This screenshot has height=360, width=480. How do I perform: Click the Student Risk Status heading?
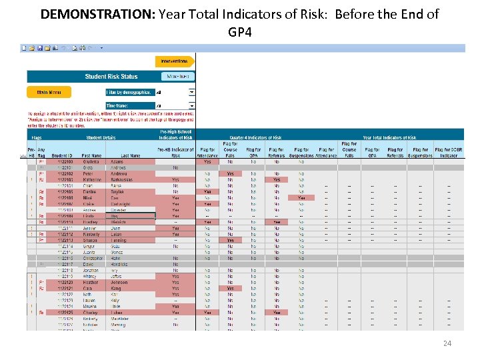(x=111, y=77)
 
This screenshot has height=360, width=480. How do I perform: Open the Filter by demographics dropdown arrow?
(x=192, y=93)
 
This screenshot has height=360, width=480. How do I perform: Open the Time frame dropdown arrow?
(x=192, y=106)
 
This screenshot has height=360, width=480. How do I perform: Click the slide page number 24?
(x=447, y=343)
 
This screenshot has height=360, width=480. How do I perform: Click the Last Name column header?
(x=131, y=156)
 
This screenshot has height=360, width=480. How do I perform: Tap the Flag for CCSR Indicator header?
(x=448, y=153)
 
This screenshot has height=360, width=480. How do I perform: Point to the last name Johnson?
(x=119, y=282)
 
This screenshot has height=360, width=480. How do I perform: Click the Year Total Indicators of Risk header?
(x=389, y=138)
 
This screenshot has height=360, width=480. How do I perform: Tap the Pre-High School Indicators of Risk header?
(x=175, y=134)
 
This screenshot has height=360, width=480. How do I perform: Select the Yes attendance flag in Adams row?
(x=207, y=161)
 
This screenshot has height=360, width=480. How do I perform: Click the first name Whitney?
(x=89, y=276)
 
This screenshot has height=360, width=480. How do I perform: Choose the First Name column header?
(x=93, y=156)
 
